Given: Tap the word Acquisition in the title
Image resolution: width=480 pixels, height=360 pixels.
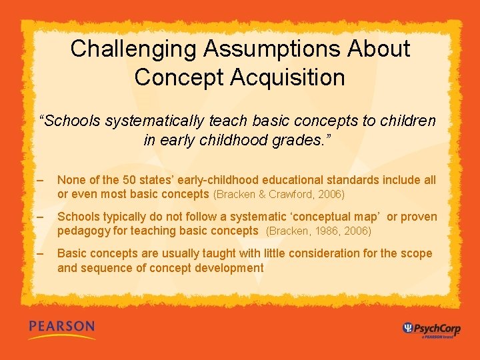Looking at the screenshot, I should [x=288, y=77].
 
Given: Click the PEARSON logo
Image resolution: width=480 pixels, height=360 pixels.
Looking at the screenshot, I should [x=61, y=328].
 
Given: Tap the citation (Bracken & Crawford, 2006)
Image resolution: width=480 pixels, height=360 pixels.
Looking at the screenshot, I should [x=279, y=195].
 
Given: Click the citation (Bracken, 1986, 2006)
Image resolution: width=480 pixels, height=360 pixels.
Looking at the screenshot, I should [x=319, y=231].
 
